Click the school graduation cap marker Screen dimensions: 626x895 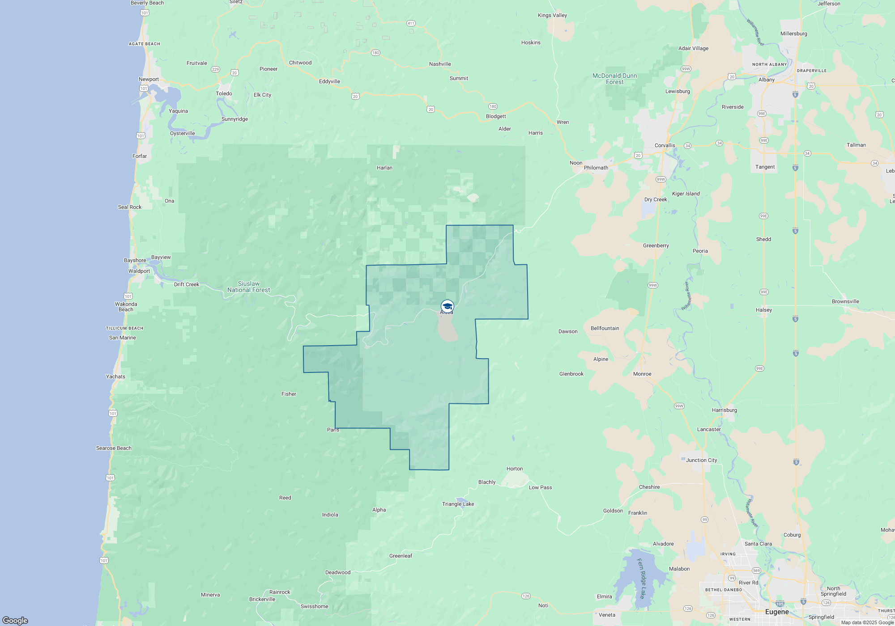pyautogui.click(x=447, y=306)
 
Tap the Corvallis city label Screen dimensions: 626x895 pyautogui.click(x=665, y=145)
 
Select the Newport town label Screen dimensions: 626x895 pyautogui.click(x=149, y=79)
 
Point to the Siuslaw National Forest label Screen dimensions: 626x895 pyautogui.click(x=249, y=287)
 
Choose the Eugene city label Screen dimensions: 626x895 pyautogui.click(x=777, y=612)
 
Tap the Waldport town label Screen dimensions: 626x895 pyautogui.click(x=139, y=271)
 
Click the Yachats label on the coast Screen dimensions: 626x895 pyautogui.click(x=115, y=376)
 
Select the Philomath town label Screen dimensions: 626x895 pyautogui.click(x=596, y=168)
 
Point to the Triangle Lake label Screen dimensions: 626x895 pyautogui.click(x=458, y=504)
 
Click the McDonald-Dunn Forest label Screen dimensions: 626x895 pyautogui.click(x=614, y=79)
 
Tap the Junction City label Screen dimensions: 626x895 pyautogui.click(x=701, y=460)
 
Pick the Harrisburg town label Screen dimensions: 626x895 pyautogui.click(x=724, y=410)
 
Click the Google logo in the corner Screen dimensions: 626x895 pyautogui.click(x=15, y=620)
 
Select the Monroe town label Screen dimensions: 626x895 pyautogui.click(x=642, y=374)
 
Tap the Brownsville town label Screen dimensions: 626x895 pyautogui.click(x=845, y=301)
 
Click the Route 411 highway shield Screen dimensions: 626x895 pyautogui.click(x=411, y=23)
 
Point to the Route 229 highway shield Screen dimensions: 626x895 pyautogui.click(x=215, y=69)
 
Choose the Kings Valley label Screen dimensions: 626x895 pyautogui.click(x=552, y=15)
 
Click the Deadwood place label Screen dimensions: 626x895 pyautogui.click(x=338, y=572)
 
